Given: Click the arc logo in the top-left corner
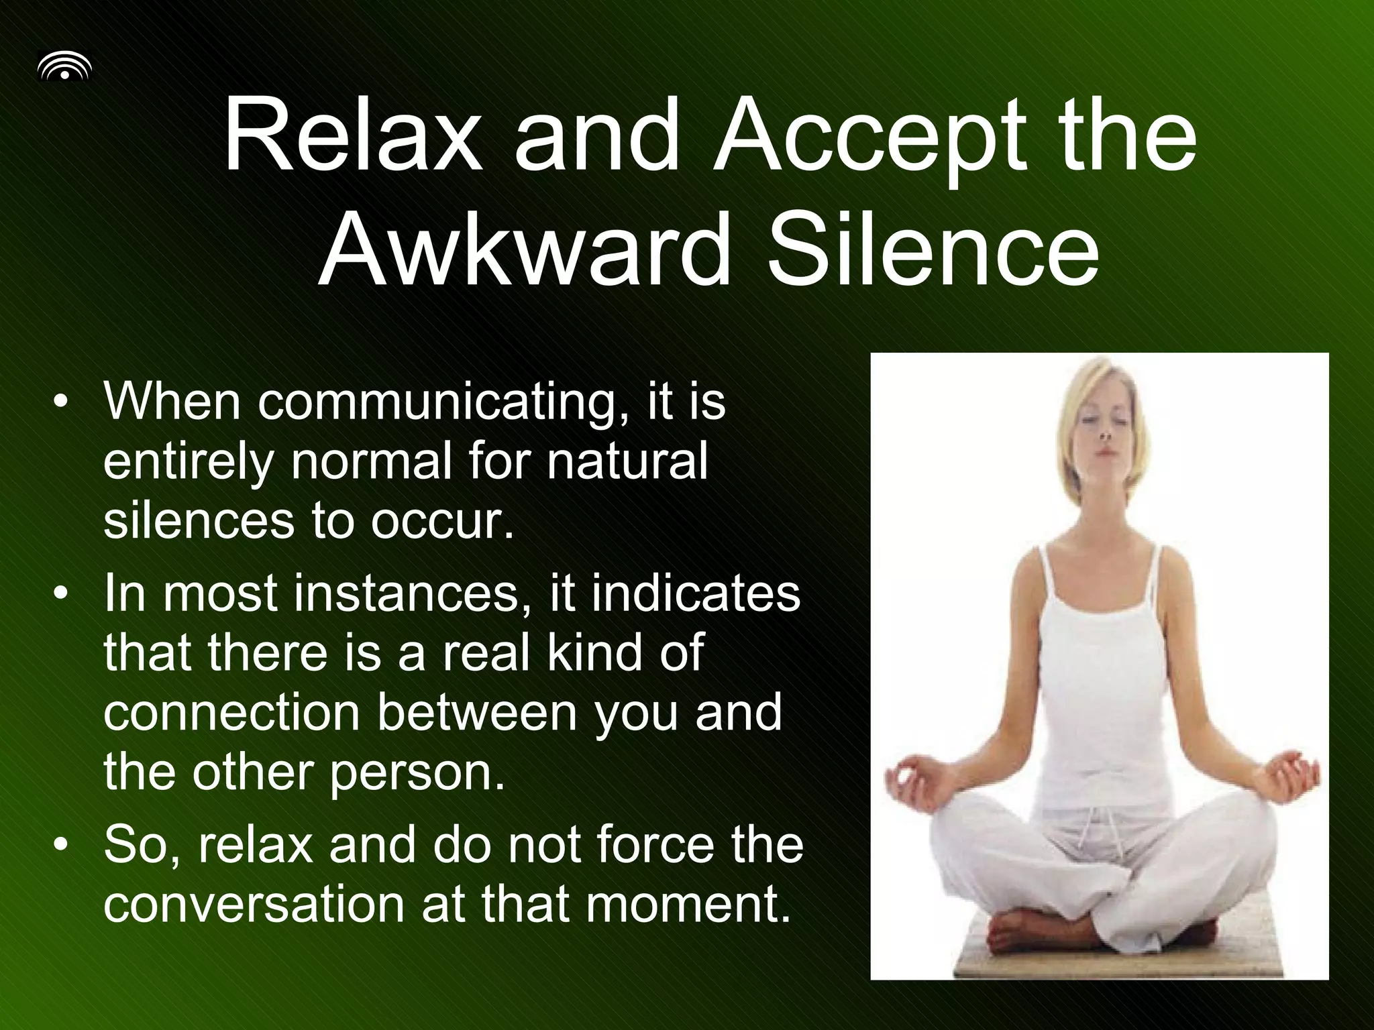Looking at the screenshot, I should click(64, 68).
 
